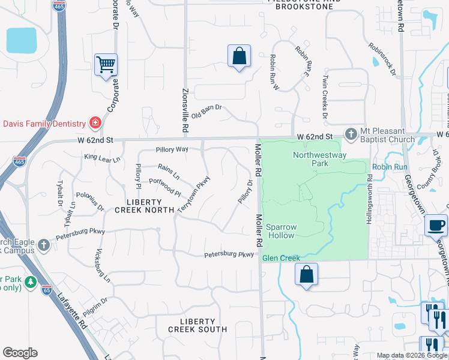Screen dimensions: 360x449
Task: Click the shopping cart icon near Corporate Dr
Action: tap(106, 64)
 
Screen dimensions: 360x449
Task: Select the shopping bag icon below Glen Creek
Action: tap(306, 274)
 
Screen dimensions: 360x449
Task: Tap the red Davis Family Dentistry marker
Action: tap(95, 124)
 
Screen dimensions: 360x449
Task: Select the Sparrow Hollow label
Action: tap(281, 231)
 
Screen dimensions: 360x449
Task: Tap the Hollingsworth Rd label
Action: tap(370, 200)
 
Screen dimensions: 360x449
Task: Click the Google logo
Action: tap(20, 353)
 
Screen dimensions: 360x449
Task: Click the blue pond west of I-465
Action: tap(22, 40)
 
